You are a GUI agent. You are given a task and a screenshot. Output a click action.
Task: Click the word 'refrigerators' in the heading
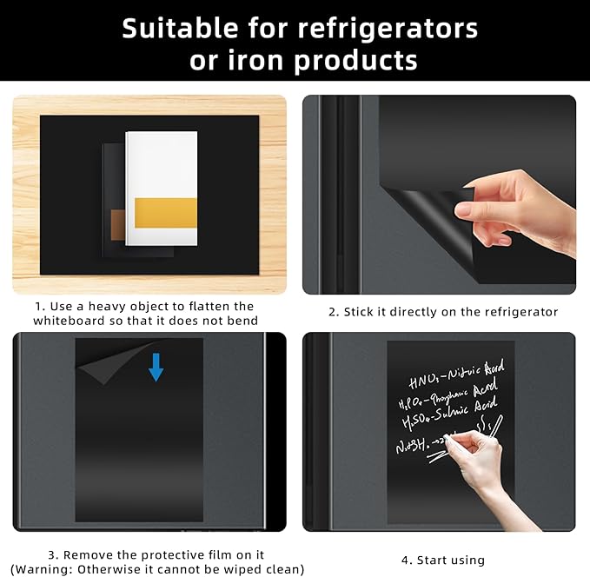(388, 29)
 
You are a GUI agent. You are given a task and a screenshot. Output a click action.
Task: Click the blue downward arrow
(156, 366)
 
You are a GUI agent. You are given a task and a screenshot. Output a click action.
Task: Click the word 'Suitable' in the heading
(171, 29)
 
